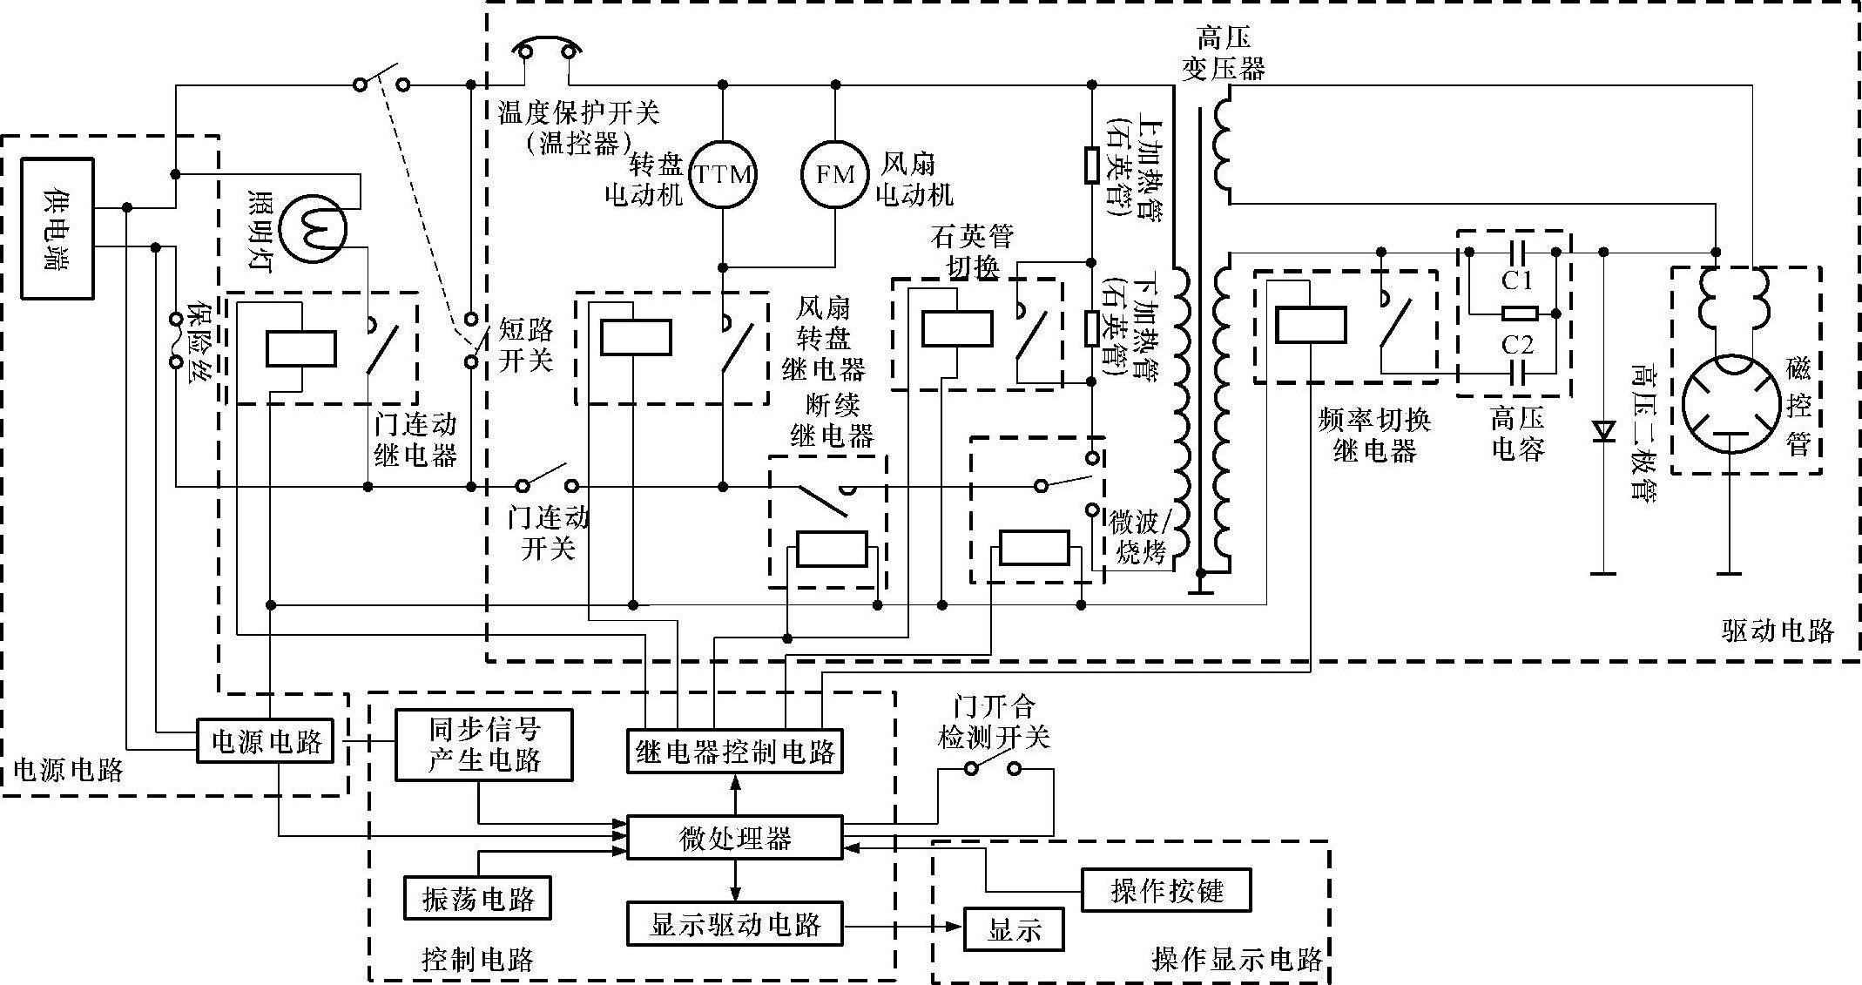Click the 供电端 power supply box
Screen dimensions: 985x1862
pyautogui.click(x=57, y=228)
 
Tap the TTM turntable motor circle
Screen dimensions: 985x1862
pyautogui.click(x=722, y=175)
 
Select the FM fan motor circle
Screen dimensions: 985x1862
pyautogui.click(x=834, y=175)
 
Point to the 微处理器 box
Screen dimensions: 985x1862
pyautogui.click(x=735, y=838)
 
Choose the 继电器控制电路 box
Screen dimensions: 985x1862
pyautogui.click(x=735, y=751)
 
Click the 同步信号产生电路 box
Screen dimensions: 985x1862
pyautogui.click(x=484, y=744)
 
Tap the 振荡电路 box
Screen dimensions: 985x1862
pyautogui.click(x=477, y=898)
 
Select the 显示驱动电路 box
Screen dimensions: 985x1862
pyautogui.click(x=735, y=924)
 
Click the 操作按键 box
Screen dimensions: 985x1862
pyautogui.click(x=1166, y=890)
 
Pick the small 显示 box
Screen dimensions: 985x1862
pyautogui.click(x=1014, y=929)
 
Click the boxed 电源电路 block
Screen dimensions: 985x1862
pyautogui.click(x=266, y=741)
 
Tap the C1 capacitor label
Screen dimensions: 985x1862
pyautogui.click(x=1516, y=280)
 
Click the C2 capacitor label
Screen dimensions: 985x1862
pyautogui.click(x=1516, y=345)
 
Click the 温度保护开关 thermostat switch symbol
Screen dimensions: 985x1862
pyautogui.click(x=547, y=48)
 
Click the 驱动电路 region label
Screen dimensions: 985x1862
pyautogui.click(x=1778, y=630)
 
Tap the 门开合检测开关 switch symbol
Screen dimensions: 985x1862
pyautogui.click(x=992, y=769)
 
